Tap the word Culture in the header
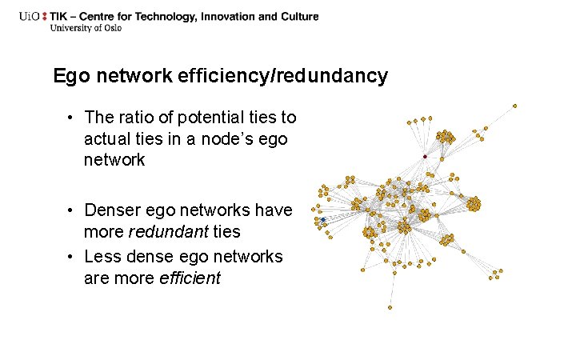coord(297,16)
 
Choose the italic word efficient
coord(192,278)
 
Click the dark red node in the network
coord(425,156)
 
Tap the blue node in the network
coord(322,218)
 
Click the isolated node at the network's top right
coord(514,105)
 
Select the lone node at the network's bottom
coord(390,307)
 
